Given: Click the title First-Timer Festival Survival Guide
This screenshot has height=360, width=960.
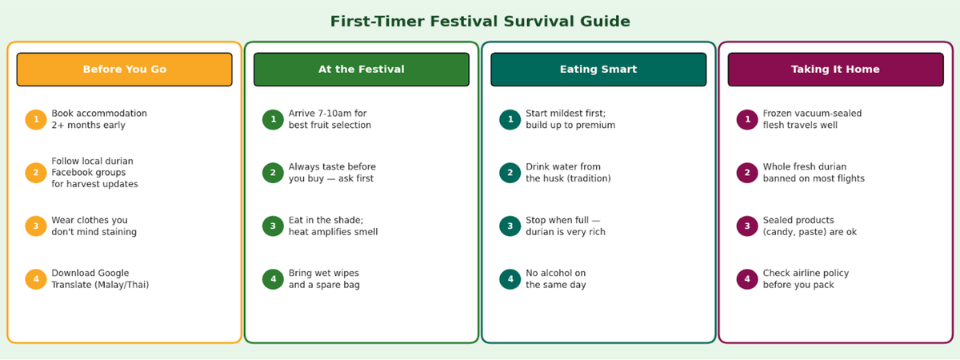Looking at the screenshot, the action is [480, 22].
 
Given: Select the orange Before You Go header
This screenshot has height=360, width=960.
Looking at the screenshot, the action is [124, 70].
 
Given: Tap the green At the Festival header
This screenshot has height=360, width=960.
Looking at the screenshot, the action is [362, 70].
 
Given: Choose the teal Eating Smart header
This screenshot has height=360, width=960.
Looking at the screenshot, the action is [598, 70].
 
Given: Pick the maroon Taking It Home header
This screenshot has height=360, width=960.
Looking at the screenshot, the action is [835, 70].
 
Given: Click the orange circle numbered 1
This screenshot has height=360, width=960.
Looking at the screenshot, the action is [36, 119].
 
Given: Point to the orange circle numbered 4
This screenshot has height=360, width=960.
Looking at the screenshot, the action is [36, 279].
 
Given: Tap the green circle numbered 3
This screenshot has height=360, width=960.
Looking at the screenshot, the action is [273, 226].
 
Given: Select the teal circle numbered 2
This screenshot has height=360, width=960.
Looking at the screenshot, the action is [510, 173].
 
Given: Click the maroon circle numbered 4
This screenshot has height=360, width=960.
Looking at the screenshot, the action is [747, 279].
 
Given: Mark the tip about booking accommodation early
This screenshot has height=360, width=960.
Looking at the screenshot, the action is [99, 119].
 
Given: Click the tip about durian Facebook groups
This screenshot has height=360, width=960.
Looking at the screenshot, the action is [94, 172].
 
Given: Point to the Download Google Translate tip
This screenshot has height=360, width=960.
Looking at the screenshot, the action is [100, 279].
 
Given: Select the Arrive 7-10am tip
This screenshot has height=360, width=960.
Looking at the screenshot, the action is [330, 119].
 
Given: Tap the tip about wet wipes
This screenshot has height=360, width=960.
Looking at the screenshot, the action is [324, 279].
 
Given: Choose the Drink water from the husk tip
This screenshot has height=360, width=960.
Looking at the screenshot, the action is [568, 172].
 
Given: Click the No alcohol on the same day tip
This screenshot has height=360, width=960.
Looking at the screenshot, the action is [556, 279].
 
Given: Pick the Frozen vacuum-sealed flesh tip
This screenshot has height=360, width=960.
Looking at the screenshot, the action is [812, 119].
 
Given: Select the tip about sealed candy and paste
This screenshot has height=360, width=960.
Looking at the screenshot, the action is [810, 226].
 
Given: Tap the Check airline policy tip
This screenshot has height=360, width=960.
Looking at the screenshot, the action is [806, 279].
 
